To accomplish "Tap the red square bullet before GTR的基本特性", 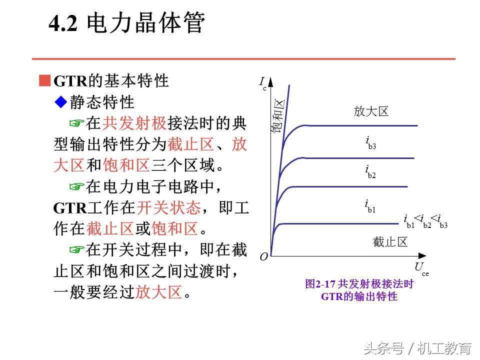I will pos(45,80).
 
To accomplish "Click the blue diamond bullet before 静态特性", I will pos(60,102).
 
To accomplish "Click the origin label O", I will pos(263,257).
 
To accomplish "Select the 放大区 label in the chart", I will pos(371,111).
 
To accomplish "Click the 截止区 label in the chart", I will pos(390,242).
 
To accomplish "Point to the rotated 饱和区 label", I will pos(278,116).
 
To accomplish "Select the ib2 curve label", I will pos(370,171).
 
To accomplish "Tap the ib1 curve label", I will pos(370,205).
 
